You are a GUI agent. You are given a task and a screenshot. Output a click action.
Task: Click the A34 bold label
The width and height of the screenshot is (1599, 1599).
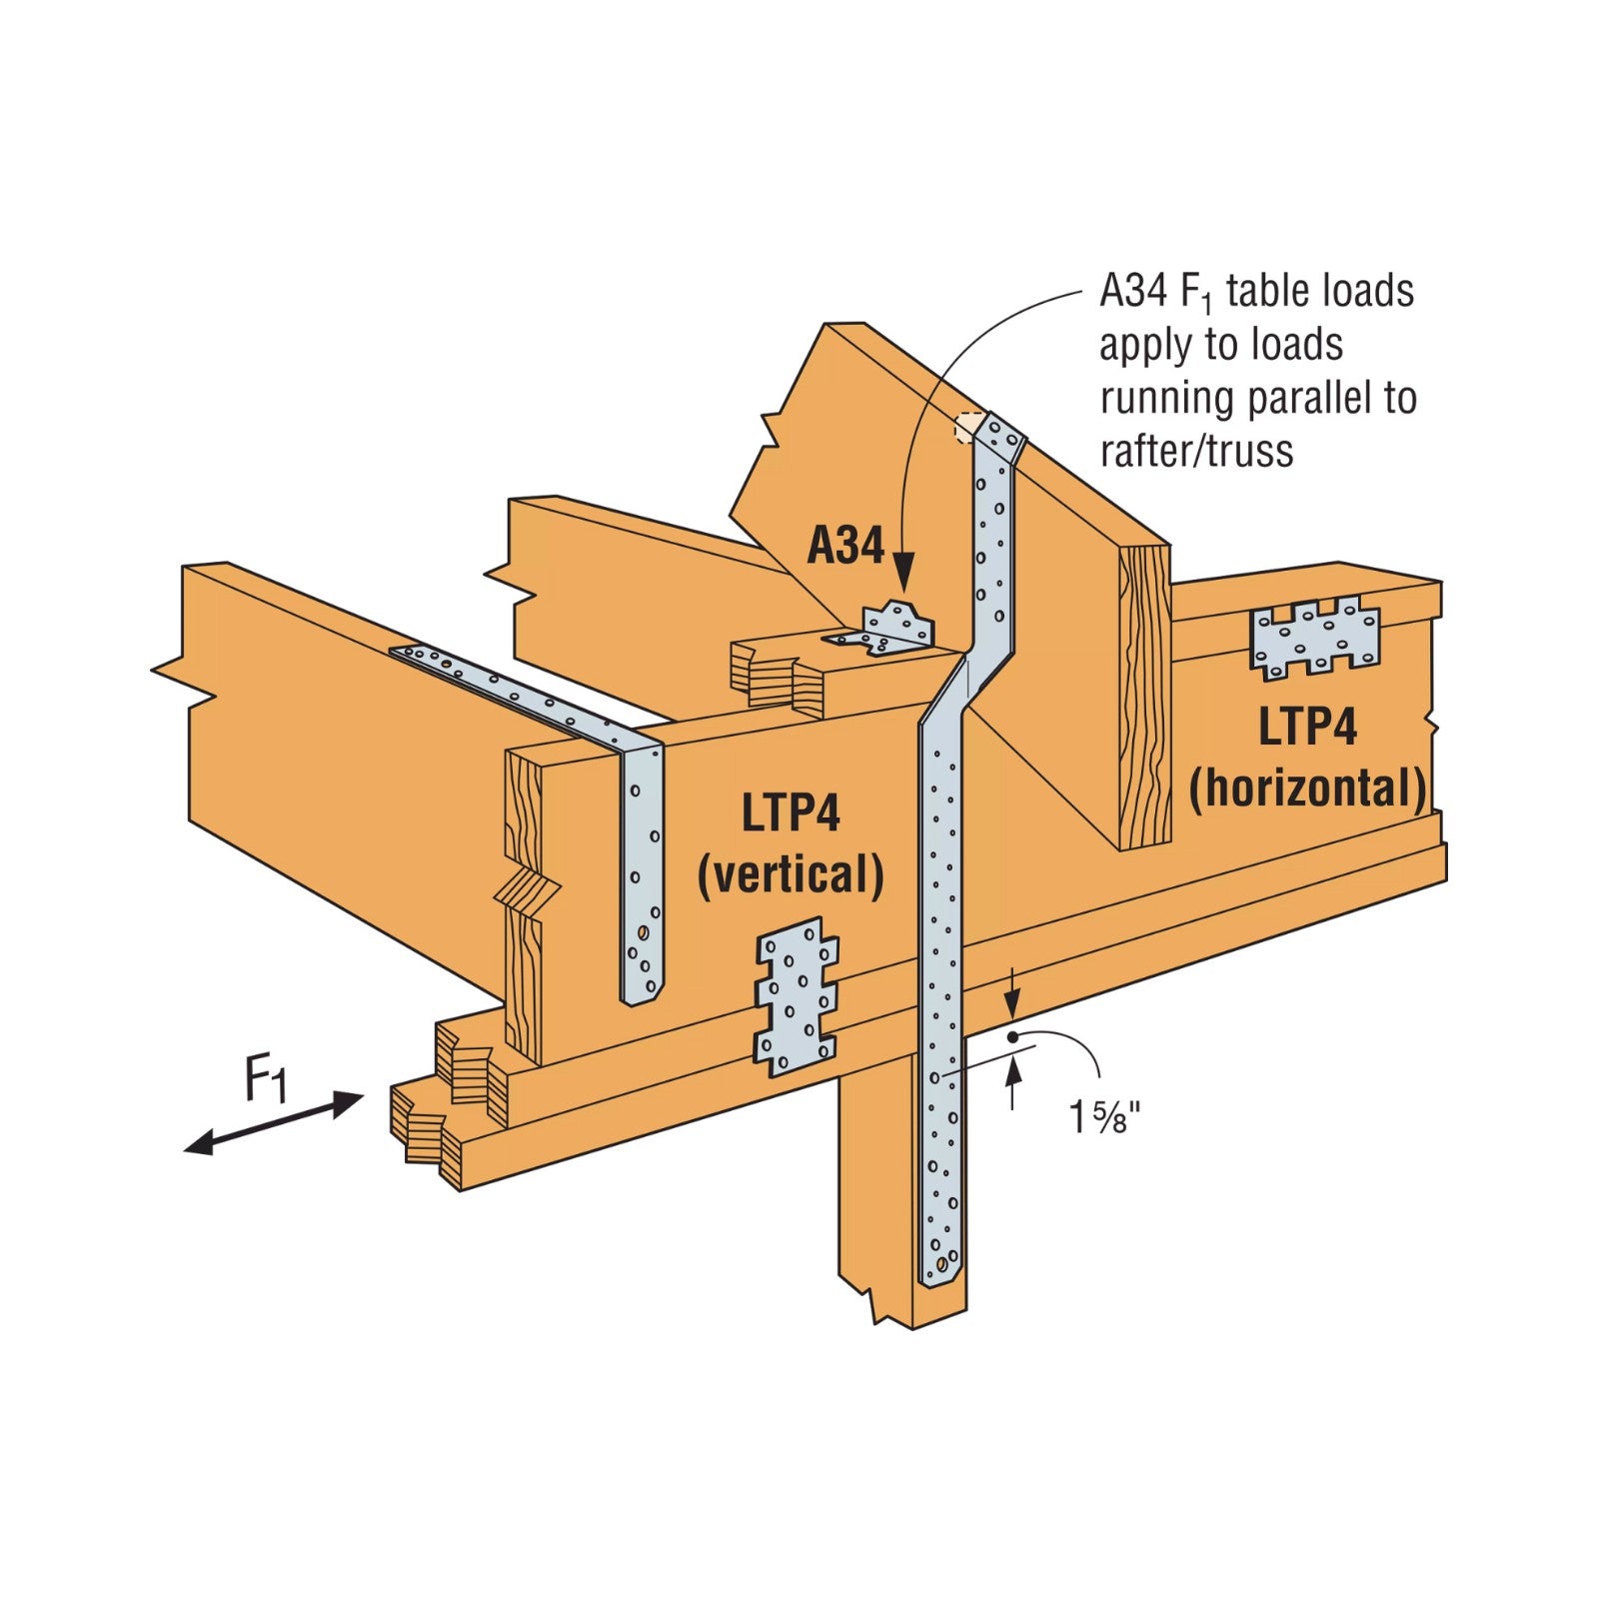(845, 547)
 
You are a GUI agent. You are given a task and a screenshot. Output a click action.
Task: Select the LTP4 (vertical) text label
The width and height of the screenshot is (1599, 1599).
(790, 844)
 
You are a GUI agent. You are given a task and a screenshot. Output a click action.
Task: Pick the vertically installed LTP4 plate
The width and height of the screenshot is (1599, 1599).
(796, 996)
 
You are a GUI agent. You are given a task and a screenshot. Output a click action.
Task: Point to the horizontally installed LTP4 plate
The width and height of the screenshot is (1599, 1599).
(1315, 638)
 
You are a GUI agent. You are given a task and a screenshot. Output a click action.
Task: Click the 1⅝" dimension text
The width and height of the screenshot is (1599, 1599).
(1104, 1116)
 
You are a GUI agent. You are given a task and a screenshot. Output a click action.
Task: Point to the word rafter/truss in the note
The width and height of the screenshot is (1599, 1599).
(1196, 451)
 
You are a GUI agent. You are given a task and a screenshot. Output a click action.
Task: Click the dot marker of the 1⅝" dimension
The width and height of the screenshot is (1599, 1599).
(1012, 1037)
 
